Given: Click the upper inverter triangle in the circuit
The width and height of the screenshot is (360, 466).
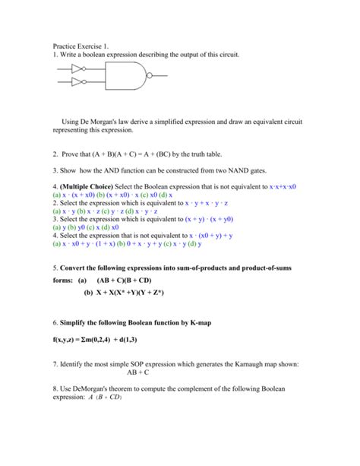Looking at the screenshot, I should tap(76, 67).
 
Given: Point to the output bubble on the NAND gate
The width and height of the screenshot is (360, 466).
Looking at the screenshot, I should tap(150, 74).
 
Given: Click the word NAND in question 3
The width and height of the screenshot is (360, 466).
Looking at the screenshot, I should tap(251, 173).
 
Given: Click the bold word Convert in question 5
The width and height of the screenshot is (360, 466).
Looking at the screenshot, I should tap(82, 268).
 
